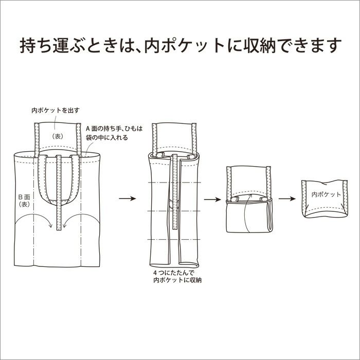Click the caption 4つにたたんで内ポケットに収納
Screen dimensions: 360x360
[177, 276]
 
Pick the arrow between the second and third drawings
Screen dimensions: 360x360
[211, 198]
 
